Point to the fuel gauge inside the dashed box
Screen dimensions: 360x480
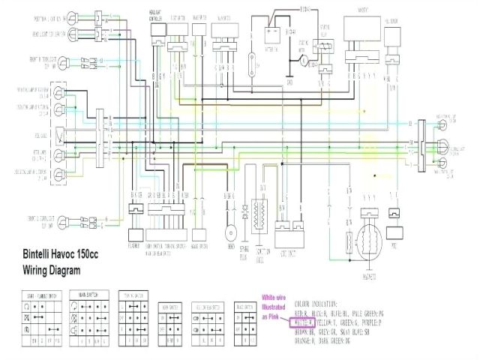coord(58,136)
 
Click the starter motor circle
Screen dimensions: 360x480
coord(303,55)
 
